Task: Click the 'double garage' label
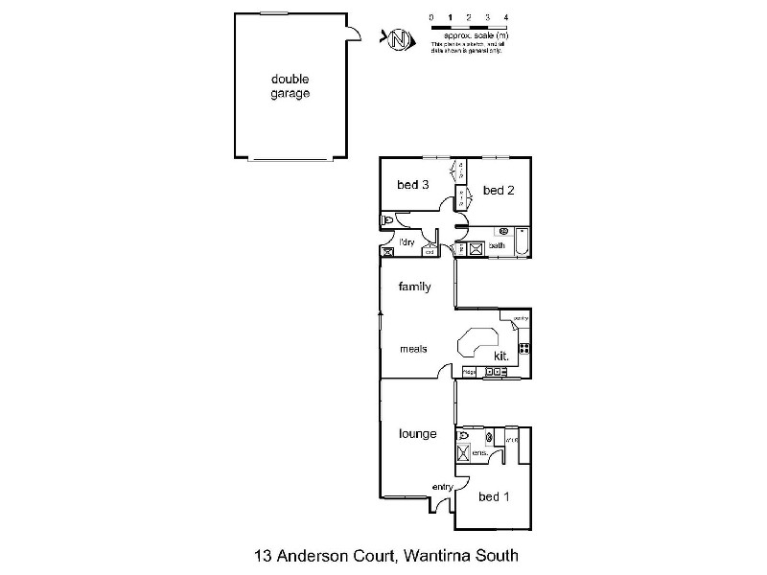pos(291,86)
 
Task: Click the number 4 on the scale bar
pos(506,18)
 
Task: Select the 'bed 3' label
pos(412,185)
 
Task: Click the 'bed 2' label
pos(499,191)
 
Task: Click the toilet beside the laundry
pos(388,220)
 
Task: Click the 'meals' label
pos(413,349)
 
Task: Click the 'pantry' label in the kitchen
pos(522,318)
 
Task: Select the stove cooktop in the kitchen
pos(524,348)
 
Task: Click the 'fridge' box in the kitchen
pos(470,371)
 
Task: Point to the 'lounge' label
pos(418,434)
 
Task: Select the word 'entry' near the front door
pos(442,487)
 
